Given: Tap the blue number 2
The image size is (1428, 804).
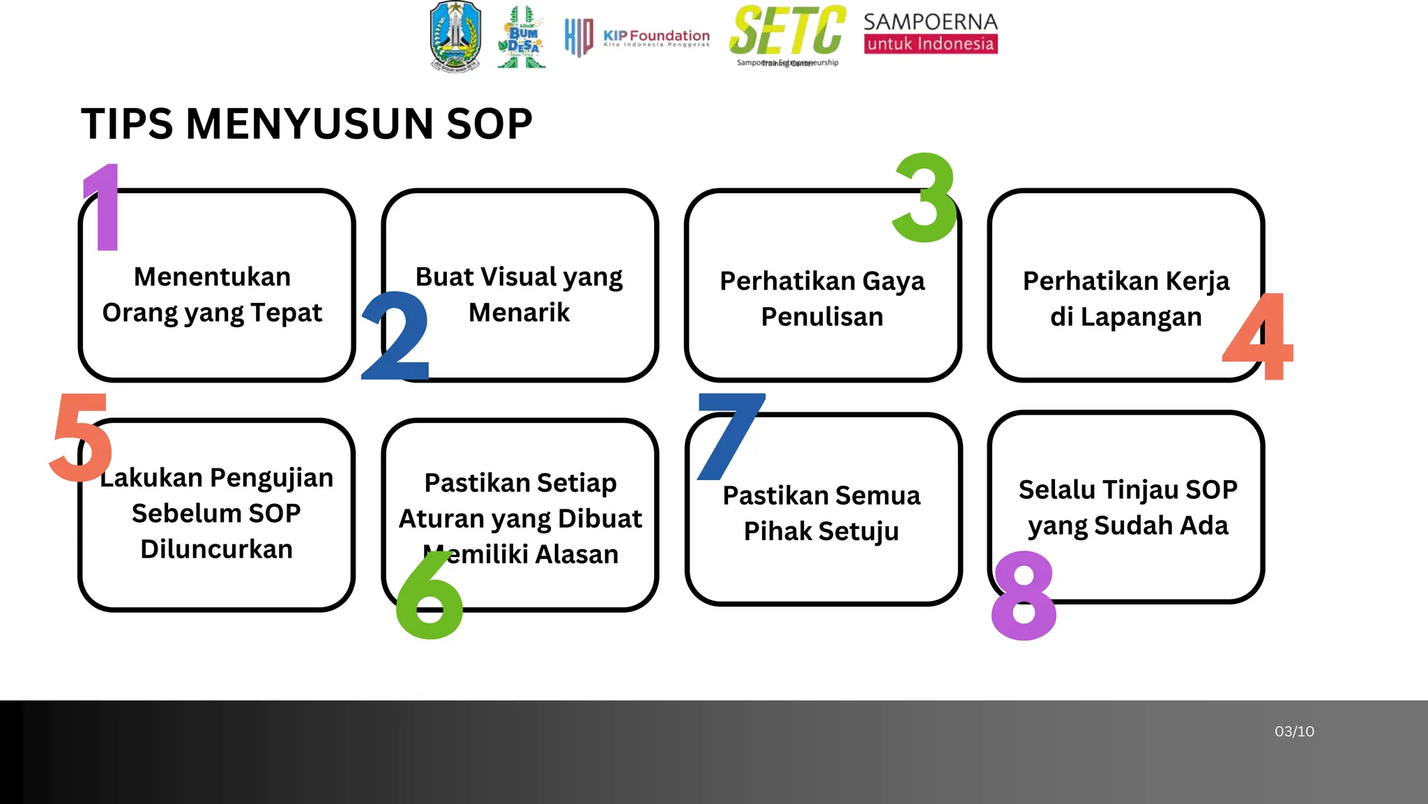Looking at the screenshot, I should [395, 336].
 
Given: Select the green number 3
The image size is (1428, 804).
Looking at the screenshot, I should [925, 198].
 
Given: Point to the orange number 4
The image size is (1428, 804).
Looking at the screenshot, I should [1259, 337].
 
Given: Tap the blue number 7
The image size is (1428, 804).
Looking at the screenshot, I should [729, 435].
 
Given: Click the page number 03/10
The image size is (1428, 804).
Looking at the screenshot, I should [1294, 731].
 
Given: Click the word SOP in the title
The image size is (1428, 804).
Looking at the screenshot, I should [489, 124].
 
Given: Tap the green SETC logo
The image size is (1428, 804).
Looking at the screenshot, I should [787, 31].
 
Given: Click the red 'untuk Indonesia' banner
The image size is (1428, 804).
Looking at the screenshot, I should [930, 44].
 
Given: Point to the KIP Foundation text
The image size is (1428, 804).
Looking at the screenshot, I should [656, 36].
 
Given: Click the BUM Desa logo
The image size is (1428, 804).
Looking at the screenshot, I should [522, 38].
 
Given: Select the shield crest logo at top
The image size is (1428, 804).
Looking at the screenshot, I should [455, 37].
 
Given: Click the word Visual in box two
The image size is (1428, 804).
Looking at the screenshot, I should [519, 276].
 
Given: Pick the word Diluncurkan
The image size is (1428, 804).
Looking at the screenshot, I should [216, 549].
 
